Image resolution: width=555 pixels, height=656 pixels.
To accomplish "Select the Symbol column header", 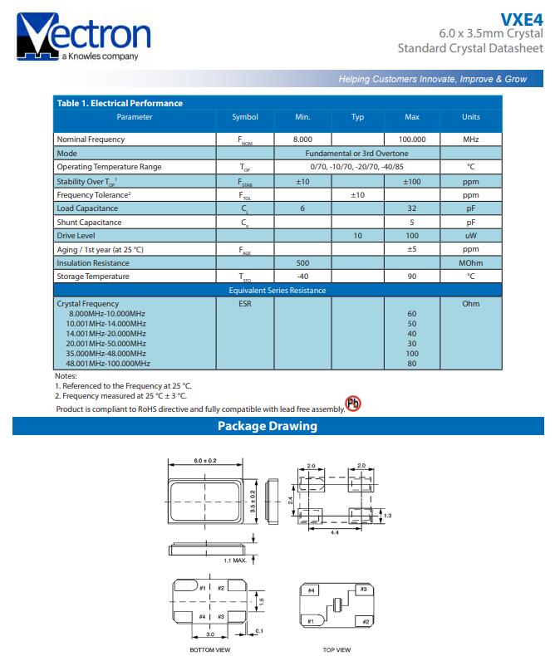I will click(x=244, y=117).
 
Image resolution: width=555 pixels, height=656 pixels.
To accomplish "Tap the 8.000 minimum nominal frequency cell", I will click(x=302, y=140).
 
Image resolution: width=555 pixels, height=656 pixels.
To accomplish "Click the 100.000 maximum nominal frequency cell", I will click(x=411, y=140).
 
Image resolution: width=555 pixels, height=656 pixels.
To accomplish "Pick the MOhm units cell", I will click(x=470, y=262).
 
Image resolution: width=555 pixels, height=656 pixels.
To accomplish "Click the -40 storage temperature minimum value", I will click(x=302, y=277).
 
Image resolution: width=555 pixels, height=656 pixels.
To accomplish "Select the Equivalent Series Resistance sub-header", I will click(x=277, y=291).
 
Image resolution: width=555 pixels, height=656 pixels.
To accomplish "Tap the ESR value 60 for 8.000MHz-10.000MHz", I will click(x=411, y=314).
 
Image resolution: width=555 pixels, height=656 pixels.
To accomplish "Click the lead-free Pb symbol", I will click(x=354, y=404).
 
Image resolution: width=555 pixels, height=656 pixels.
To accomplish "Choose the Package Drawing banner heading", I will click(x=267, y=427).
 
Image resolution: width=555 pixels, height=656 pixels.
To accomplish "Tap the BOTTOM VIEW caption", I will click(x=210, y=649).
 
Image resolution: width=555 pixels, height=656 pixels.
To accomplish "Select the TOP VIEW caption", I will click(x=336, y=649).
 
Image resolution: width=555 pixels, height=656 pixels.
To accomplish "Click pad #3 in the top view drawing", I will click(x=362, y=590).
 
